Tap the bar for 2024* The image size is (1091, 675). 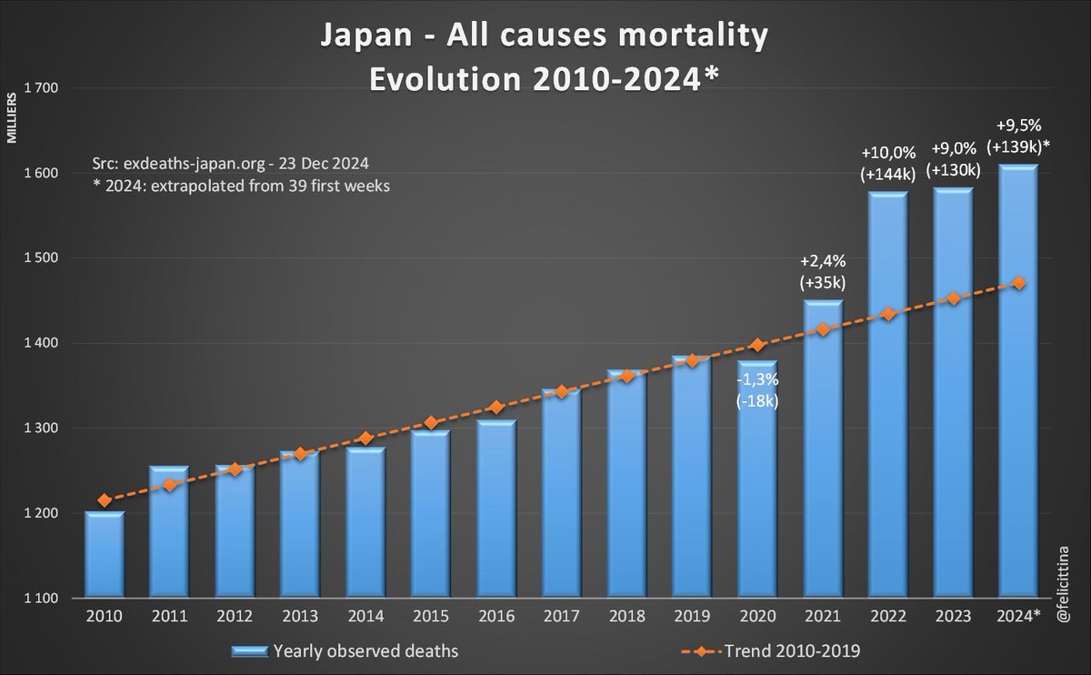coord(1018,382)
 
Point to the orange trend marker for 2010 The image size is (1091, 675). coord(105,499)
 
